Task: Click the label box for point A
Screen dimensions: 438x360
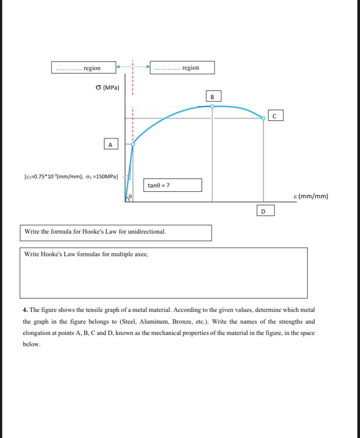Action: (110, 144)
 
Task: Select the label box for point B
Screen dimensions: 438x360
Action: (213, 96)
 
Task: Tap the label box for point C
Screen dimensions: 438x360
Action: (275, 116)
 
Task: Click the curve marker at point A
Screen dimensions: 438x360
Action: (133, 144)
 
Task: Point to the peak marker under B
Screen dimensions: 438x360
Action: (212, 106)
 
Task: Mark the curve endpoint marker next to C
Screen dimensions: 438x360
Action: (263, 118)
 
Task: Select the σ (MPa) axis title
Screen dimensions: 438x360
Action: (107, 87)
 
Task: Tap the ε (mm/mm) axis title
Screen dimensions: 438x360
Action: (311, 196)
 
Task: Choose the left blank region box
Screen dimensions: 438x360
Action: (83, 68)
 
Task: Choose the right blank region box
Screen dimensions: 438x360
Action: (182, 68)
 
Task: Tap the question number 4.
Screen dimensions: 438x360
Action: (25, 310)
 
